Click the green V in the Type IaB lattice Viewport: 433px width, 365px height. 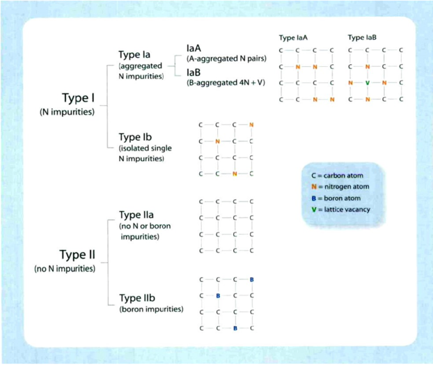pos(367,83)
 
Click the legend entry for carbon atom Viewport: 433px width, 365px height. pos(339,175)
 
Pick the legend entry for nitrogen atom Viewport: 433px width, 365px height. pos(342,187)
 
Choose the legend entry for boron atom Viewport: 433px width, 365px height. pos(338,199)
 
